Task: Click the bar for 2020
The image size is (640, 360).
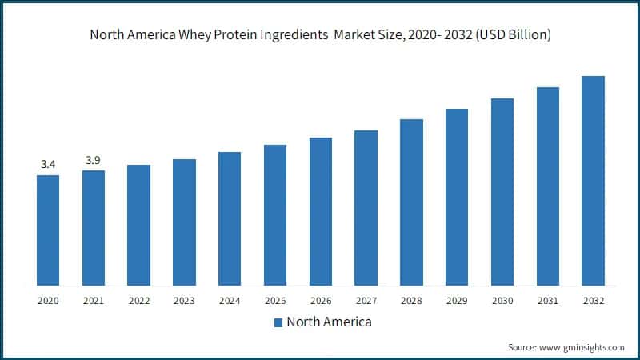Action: point(48,230)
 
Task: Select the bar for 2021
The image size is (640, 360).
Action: point(94,227)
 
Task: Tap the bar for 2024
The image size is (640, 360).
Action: point(230,218)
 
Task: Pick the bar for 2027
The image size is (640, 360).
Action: point(366,207)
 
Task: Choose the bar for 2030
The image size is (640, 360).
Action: point(502,191)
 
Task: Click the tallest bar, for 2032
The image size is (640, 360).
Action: point(593,180)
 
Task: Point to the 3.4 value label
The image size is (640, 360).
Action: point(48,165)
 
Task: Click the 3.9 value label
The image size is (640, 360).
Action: point(94,160)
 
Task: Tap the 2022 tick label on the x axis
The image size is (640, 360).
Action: point(139,301)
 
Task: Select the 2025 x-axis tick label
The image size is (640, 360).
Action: point(275,301)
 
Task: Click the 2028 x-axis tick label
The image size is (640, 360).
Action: point(411,301)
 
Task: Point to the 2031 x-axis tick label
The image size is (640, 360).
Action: point(547,301)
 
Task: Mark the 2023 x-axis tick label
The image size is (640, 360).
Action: point(184,301)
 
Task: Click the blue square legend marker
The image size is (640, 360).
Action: point(278,322)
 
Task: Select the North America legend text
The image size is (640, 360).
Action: point(329,322)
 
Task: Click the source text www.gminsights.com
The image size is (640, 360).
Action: point(584,347)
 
